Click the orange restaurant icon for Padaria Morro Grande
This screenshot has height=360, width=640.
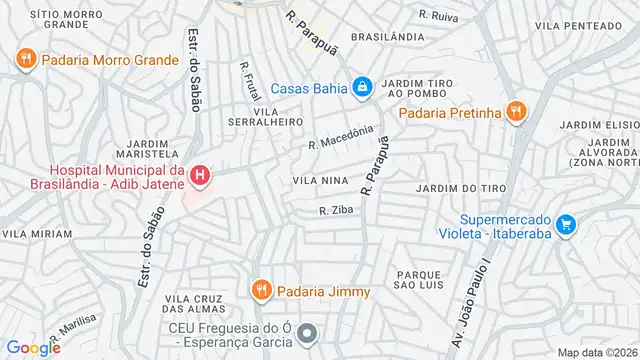click(26, 59)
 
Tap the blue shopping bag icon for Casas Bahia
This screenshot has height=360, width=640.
click(360, 87)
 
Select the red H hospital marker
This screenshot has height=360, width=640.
click(201, 177)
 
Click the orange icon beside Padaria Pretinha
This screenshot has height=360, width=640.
click(515, 111)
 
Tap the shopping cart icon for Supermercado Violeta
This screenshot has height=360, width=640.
click(566, 224)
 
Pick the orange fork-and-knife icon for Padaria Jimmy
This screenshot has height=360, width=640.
click(262, 291)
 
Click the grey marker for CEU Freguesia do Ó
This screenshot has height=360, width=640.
click(307, 333)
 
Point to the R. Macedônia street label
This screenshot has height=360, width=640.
click(341, 136)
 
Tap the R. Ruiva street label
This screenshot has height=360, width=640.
click(437, 15)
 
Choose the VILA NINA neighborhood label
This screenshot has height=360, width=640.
click(318, 180)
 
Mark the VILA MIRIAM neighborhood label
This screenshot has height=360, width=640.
click(37, 233)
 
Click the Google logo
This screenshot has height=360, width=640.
click(33, 347)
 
